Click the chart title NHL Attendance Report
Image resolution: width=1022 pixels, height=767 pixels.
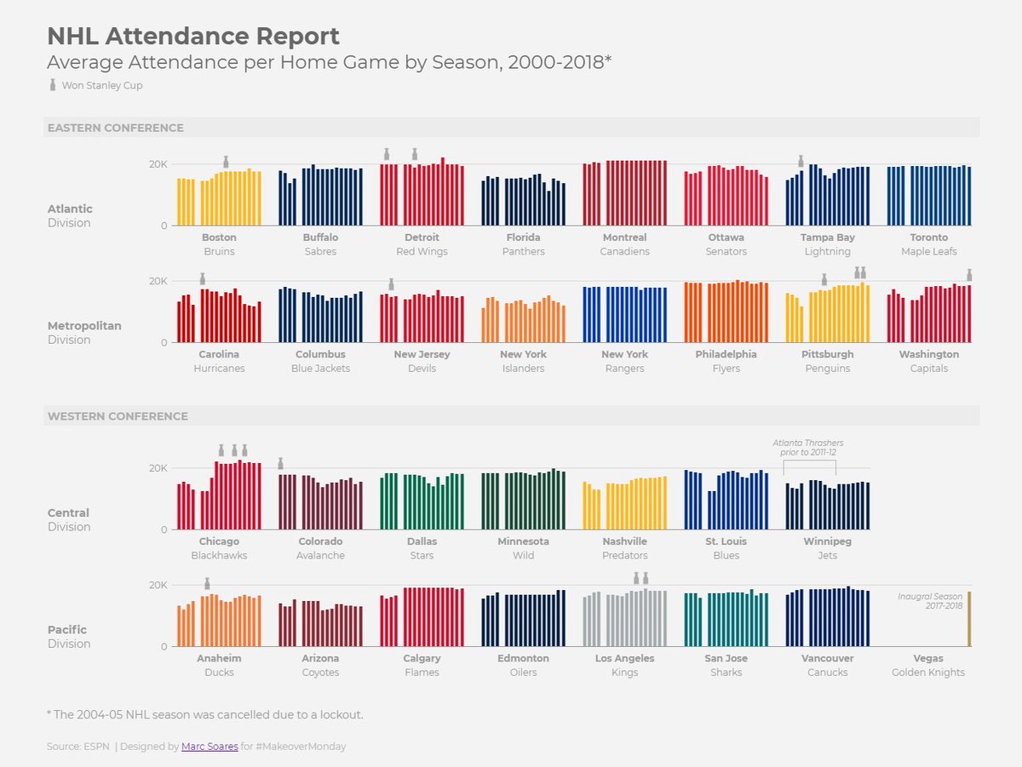click(x=193, y=37)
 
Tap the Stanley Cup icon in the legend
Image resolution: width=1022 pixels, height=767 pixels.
click(x=52, y=85)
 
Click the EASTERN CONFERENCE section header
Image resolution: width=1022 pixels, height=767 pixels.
click(x=116, y=128)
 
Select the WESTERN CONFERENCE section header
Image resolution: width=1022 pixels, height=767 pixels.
click(x=118, y=416)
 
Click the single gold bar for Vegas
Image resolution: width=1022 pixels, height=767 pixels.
click(x=968, y=619)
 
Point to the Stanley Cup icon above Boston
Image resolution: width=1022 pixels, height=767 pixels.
click(x=226, y=162)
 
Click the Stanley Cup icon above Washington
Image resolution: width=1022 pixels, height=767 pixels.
click(x=969, y=275)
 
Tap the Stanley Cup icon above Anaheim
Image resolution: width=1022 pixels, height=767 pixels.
click(x=207, y=583)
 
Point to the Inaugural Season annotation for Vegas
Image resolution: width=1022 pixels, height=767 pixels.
click(x=930, y=601)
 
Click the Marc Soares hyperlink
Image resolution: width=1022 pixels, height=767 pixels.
click(x=210, y=747)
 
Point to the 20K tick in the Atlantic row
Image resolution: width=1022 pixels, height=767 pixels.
click(x=158, y=164)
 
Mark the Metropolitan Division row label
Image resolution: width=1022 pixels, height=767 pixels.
click(x=84, y=332)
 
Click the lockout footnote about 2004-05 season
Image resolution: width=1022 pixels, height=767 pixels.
click(x=205, y=714)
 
